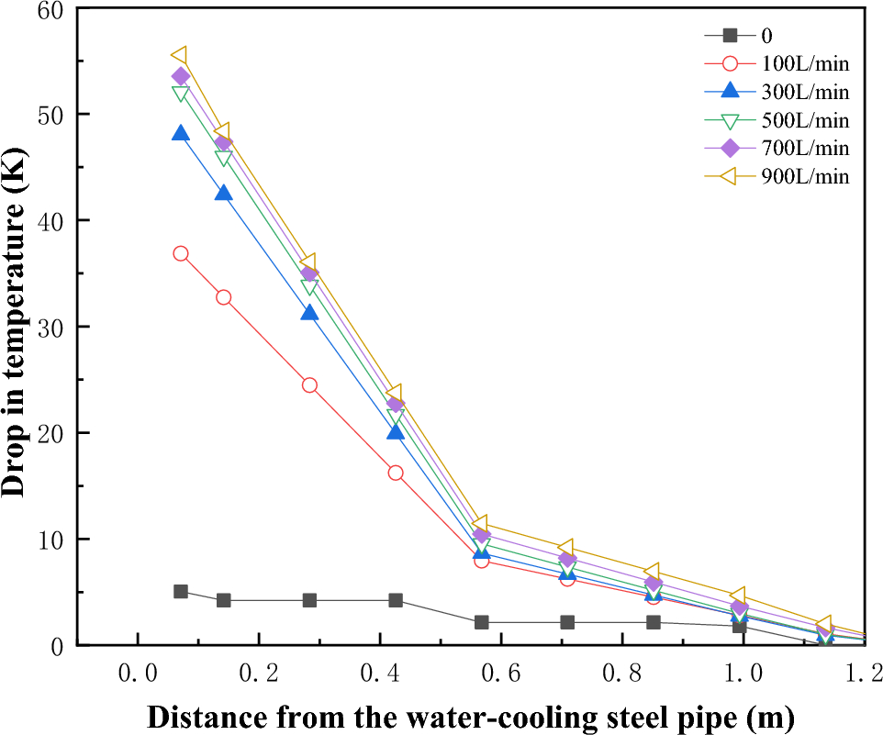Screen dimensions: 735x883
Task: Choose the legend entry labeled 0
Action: (766, 36)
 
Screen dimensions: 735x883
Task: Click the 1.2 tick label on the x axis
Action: (864, 674)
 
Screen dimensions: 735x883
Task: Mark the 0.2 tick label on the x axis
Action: (259, 674)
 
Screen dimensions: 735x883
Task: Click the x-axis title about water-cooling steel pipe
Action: (470, 715)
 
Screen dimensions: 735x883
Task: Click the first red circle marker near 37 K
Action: (181, 253)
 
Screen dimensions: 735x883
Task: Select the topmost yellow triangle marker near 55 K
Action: (180, 56)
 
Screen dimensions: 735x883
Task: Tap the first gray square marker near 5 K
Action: (181, 592)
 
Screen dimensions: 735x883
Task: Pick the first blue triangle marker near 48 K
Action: (181, 134)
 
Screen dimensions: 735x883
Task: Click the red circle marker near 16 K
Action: (396, 473)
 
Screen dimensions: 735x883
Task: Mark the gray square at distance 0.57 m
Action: (482, 622)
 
